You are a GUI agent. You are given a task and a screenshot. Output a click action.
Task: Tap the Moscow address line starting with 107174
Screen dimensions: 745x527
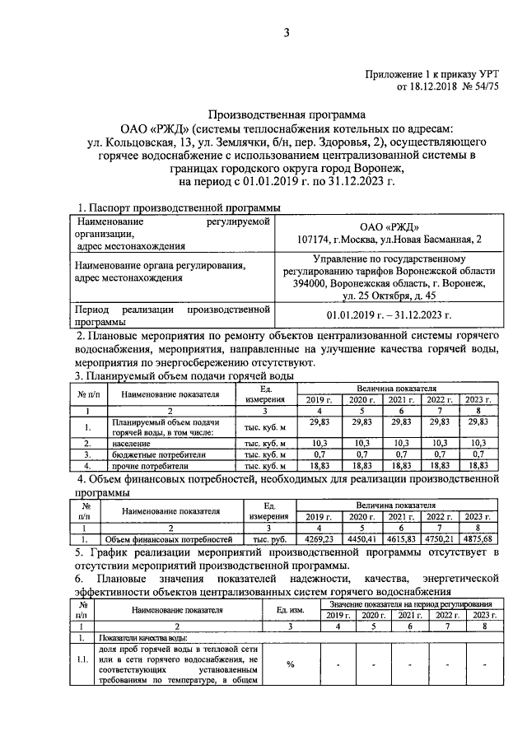point(390,240)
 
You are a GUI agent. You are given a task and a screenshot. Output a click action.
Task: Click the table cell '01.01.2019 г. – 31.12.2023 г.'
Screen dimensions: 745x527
point(390,315)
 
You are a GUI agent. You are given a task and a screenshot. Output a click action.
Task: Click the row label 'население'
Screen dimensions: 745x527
point(132,443)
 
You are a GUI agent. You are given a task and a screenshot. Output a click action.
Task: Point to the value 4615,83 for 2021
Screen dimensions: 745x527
point(403,539)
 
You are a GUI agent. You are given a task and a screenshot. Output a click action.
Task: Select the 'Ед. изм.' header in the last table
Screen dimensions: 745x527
point(291,610)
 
